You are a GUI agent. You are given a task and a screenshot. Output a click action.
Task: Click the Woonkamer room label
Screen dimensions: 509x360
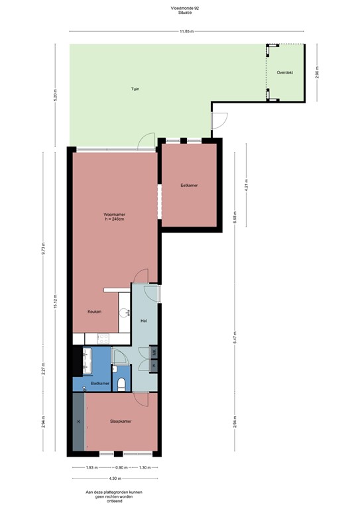pos(115,215)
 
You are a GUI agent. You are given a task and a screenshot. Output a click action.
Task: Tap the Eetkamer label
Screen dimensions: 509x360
pos(190,185)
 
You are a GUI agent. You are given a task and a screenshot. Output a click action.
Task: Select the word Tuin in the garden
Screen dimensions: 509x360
pos(135,89)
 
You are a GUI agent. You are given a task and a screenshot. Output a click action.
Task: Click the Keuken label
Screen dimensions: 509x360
pos(95,311)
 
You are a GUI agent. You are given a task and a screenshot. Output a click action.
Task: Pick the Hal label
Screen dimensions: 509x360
pos(143,321)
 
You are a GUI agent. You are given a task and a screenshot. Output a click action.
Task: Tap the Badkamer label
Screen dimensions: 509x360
pos(100,383)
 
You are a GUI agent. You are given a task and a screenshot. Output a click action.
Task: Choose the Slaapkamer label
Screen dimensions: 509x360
pos(120,421)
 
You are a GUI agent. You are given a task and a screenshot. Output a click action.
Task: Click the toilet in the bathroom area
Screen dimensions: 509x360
pos(122,383)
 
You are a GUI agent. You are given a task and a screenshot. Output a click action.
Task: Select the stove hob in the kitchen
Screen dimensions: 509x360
pos(102,337)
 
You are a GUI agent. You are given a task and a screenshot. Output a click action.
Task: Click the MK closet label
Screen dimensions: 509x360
pos(154,352)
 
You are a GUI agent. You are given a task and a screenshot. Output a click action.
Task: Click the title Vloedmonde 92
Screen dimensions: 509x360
pos(179,8)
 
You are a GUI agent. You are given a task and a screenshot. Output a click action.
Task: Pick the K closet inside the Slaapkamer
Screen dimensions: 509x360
pos(78,421)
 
